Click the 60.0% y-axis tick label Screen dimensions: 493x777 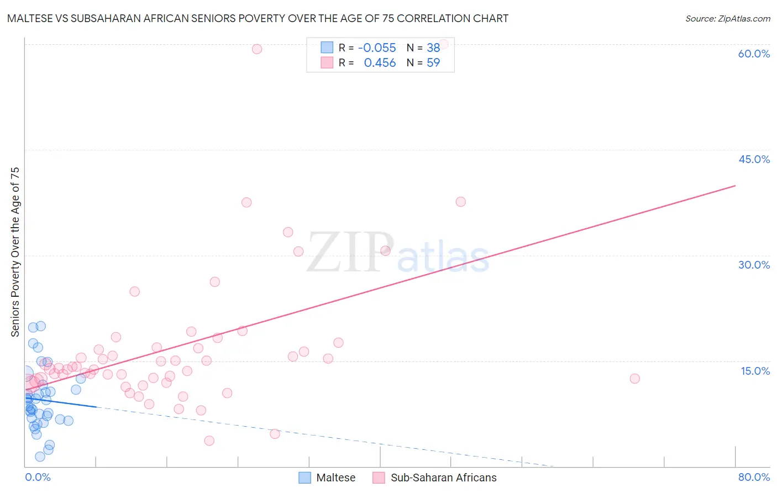754,54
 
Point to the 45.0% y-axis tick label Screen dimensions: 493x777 754,159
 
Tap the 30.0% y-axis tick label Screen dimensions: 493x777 754,265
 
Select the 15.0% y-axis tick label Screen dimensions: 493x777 755,371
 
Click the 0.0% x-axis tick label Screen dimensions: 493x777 38,477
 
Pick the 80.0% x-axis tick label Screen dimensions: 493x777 754,477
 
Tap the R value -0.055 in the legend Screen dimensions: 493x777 377,48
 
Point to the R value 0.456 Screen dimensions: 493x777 380,63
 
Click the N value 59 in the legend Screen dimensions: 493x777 433,63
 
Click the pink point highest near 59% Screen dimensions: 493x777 257,49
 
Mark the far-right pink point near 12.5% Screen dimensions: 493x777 634,379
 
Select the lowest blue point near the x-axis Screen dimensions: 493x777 40,457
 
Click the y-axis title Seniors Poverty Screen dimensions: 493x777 15,251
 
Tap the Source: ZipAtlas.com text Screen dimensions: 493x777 727,19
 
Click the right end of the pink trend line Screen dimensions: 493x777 735,186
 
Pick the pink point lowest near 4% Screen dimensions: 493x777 209,440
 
